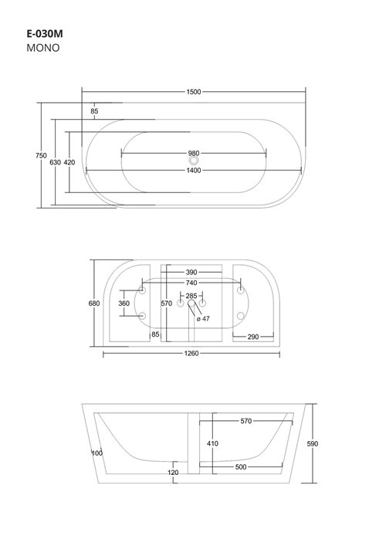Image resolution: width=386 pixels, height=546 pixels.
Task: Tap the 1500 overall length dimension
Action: (193, 92)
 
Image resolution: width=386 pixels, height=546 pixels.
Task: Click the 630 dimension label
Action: (55, 162)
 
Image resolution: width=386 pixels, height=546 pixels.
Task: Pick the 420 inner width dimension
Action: (69, 162)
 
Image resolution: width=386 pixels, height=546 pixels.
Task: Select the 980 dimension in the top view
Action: (193, 152)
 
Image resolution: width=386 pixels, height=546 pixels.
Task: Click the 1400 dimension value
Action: (193, 170)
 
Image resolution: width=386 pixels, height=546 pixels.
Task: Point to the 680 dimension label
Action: (94, 304)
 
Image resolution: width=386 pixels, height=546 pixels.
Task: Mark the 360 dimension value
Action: (124, 304)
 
